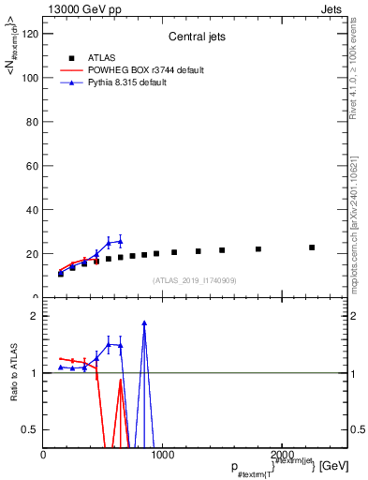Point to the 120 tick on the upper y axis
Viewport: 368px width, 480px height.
(x=32, y=34)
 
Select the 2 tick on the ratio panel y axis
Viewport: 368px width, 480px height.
(x=36, y=316)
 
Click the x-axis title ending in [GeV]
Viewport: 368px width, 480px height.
(x=281, y=466)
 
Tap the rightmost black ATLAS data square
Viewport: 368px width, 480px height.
(x=312, y=247)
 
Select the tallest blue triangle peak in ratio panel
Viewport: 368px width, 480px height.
(x=144, y=323)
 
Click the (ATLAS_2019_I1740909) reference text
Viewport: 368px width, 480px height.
(x=195, y=280)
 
